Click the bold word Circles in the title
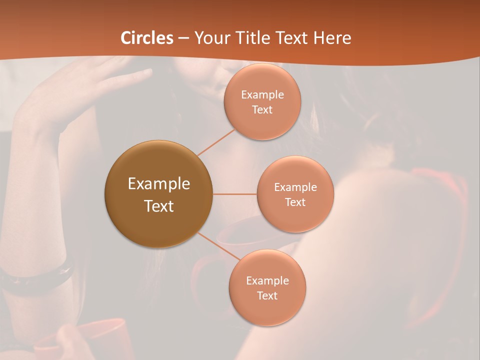(147, 38)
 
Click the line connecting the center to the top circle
(216, 142)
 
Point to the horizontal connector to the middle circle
(234, 194)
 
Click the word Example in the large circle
(158, 184)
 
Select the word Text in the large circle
(158, 206)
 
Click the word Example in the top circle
(262, 95)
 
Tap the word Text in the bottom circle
(267, 296)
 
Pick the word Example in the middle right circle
(295, 187)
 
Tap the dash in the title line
(183, 38)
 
